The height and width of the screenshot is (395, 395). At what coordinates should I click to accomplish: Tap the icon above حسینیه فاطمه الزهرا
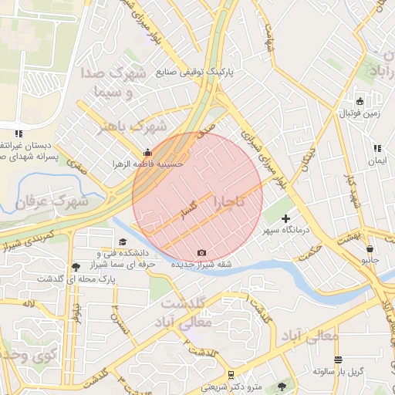click(x=148, y=152)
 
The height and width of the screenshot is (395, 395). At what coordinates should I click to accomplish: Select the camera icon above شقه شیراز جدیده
click(x=202, y=252)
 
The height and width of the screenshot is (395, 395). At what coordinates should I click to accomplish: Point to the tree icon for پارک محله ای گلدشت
click(x=75, y=267)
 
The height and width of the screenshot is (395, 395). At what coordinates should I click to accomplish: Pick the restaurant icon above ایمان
click(x=376, y=149)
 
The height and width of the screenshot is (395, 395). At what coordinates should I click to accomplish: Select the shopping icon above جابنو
click(x=371, y=249)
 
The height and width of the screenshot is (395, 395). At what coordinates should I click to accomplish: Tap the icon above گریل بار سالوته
click(x=338, y=360)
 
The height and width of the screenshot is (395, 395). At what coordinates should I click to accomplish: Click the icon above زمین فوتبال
click(x=360, y=101)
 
